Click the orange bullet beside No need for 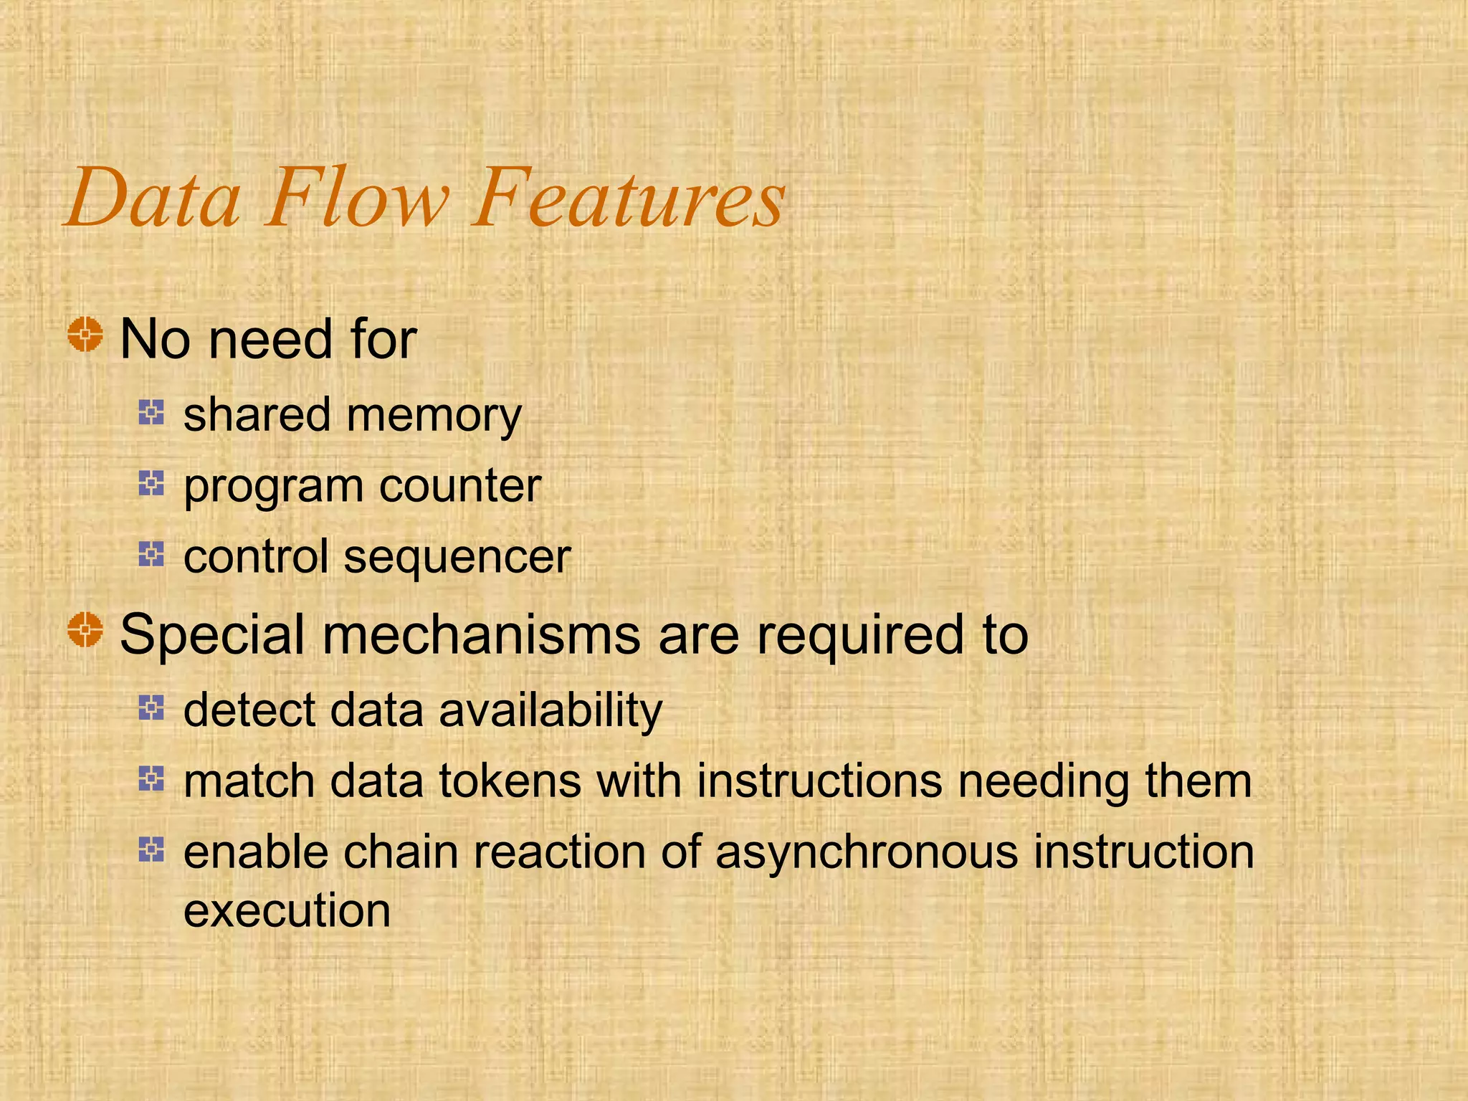pos(85,334)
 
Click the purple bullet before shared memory pos(151,412)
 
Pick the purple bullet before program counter pos(151,483)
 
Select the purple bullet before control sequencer pos(151,553)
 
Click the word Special pos(212,636)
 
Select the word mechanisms pos(481,636)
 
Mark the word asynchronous pos(866,853)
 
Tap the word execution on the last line pos(287,912)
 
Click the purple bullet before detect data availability pos(151,707)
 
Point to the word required pos(859,636)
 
